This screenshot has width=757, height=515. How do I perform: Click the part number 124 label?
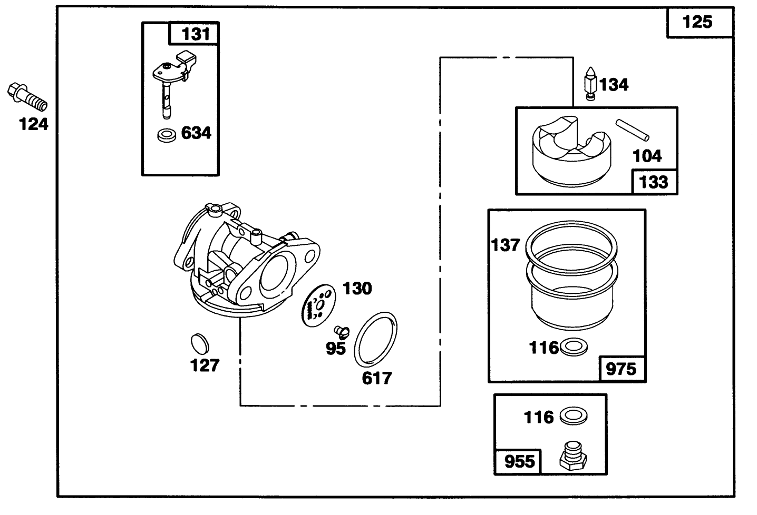[x=34, y=125]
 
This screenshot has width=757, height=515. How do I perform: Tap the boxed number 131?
[x=195, y=34]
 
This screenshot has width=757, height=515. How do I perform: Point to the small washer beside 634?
[x=167, y=135]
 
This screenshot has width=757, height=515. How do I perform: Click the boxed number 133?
[x=654, y=182]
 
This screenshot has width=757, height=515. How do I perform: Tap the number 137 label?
[x=506, y=245]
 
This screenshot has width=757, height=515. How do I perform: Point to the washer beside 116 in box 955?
[x=573, y=417]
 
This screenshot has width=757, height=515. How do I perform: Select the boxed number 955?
[x=519, y=462]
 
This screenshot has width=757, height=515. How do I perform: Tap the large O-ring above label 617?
[x=376, y=340]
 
